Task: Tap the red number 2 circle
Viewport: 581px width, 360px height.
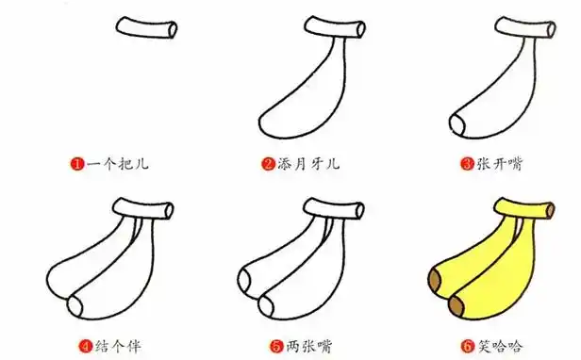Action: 267,164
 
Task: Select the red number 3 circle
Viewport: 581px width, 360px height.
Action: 466,164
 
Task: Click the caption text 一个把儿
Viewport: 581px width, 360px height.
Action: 117,164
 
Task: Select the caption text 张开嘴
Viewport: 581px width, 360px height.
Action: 497,164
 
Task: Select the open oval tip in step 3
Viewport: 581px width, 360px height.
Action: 456,124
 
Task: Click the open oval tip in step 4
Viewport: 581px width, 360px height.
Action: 76,305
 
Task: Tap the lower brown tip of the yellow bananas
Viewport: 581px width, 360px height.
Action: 457,304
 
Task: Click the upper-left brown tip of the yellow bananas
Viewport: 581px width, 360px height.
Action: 435,281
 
